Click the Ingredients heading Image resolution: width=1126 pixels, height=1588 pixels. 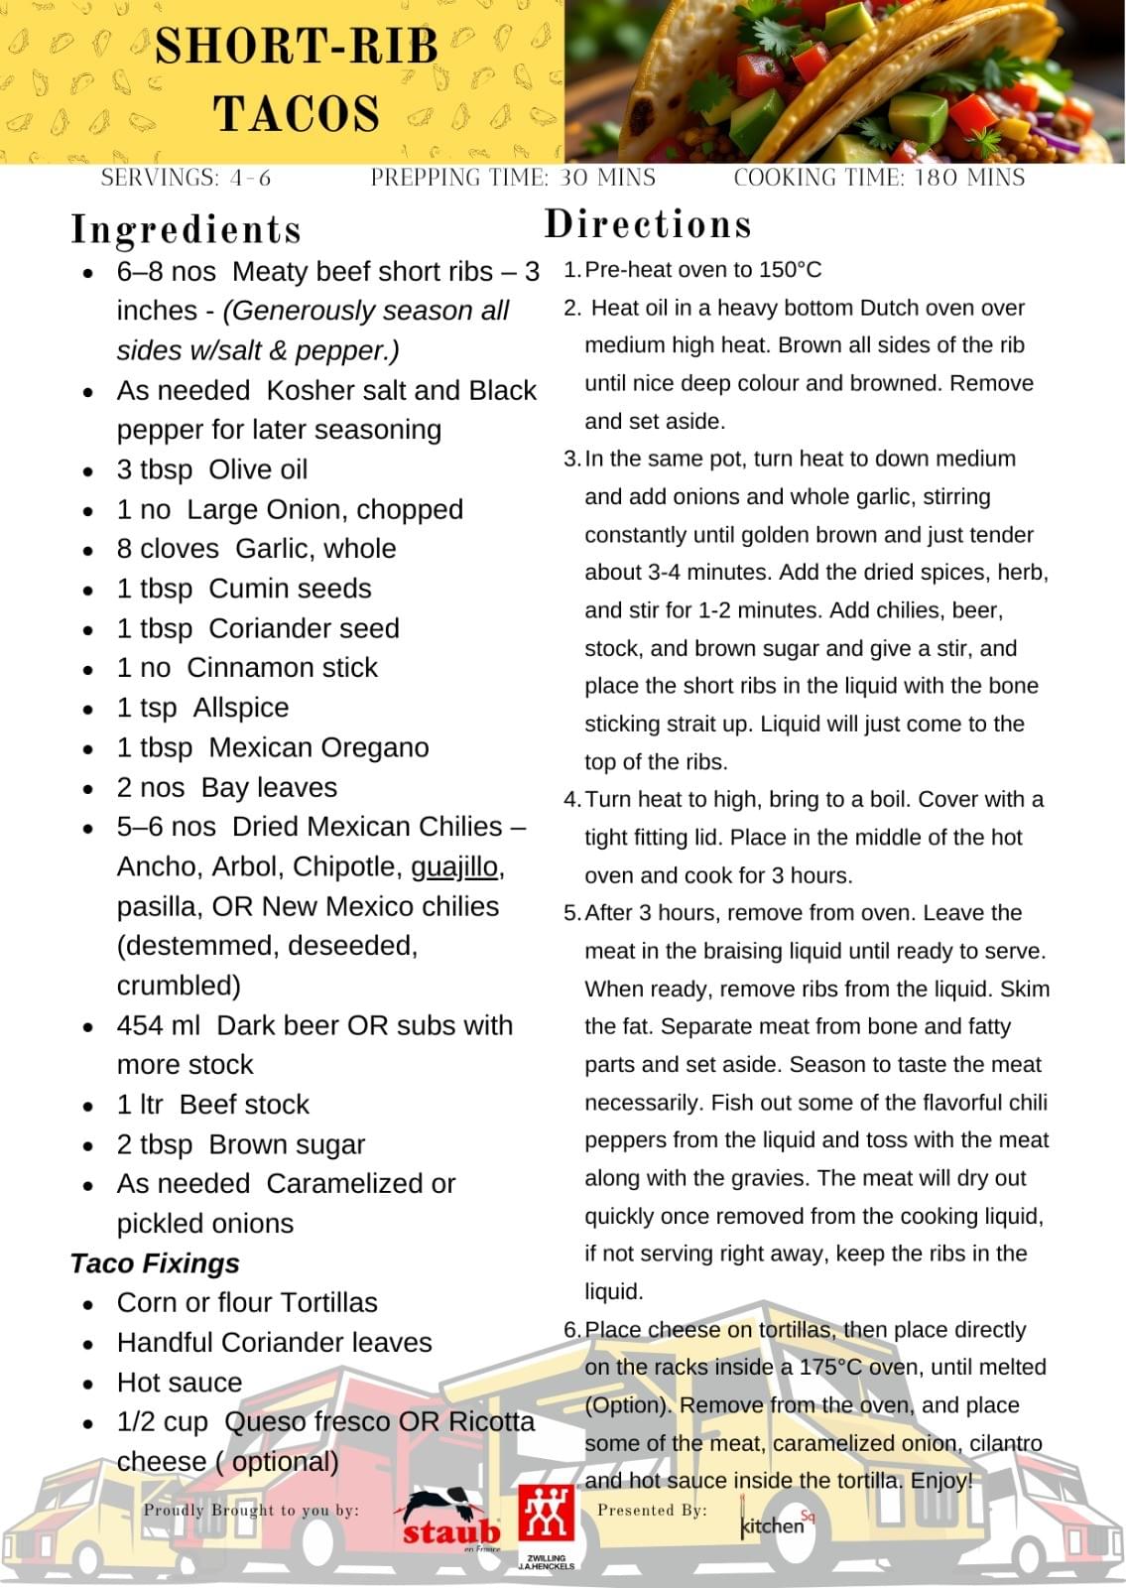tap(187, 230)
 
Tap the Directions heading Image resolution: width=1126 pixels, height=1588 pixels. tap(648, 224)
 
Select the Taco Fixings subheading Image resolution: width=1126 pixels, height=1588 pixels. tap(155, 1263)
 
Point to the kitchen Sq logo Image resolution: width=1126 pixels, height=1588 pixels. tap(777, 1523)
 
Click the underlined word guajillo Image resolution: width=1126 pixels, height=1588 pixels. tap(454, 866)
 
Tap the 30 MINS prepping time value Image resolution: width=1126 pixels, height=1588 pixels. tap(605, 178)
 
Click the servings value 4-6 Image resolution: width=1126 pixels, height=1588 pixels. tap(250, 178)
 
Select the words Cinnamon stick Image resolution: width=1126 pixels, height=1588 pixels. tap(282, 668)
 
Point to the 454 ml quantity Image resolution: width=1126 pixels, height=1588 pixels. tap(159, 1025)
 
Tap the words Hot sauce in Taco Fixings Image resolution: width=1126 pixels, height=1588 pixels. tap(180, 1383)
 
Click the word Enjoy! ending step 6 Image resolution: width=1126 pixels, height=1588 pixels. tap(941, 1481)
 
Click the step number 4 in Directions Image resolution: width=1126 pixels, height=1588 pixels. tap(570, 800)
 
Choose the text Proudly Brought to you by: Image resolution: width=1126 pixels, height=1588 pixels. tap(251, 1510)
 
